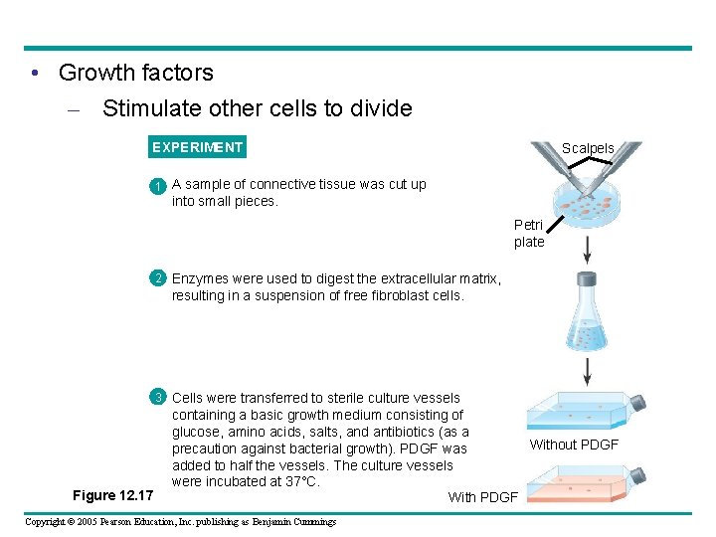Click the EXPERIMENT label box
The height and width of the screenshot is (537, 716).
point(197,148)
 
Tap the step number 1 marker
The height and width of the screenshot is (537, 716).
point(157,186)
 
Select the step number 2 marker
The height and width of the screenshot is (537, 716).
point(157,279)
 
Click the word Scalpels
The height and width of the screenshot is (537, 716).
point(588,148)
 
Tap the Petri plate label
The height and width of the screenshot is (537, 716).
point(529,234)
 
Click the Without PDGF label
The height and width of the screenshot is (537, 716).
point(574,445)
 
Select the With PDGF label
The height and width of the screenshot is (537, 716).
point(482,497)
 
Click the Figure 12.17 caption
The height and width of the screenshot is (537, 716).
point(113,495)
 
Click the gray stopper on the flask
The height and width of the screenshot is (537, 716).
point(587,279)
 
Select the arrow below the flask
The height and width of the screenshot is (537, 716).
point(587,371)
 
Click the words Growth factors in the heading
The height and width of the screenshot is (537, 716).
point(136,73)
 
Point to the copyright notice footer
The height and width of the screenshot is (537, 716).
point(180,522)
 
